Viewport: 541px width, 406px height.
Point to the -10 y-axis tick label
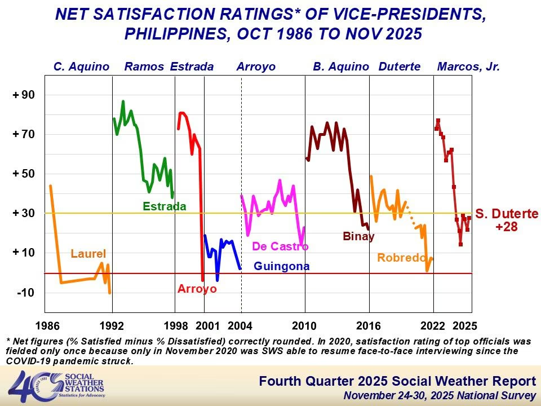pyautogui.click(x=26, y=293)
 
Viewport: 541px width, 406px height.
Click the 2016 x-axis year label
pyautogui.click(x=369, y=325)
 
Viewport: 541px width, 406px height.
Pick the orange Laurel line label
pyautogui.click(x=88, y=254)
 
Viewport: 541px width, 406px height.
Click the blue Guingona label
pyautogui.click(x=282, y=267)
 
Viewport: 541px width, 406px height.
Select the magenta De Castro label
pyautogui.click(x=280, y=246)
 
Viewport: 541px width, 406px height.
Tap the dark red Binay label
pyautogui.click(x=359, y=237)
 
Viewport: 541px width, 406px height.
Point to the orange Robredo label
pyautogui.click(x=401, y=258)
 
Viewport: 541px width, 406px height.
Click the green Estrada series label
pyautogui.click(x=165, y=206)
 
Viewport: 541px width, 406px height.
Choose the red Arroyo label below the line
pyautogui.click(x=197, y=289)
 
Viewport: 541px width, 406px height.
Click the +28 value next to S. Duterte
pyautogui.click(x=507, y=227)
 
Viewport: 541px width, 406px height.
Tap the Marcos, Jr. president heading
pyautogui.click(x=469, y=67)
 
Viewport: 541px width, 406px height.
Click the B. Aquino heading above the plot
pyautogui.click(x=341, y=67)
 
